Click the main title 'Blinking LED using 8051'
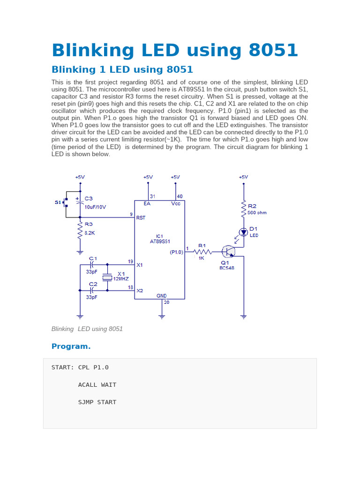click(x=174, y=50)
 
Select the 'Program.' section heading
click(x=71, y=346)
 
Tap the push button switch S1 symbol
click(x=66, y=202)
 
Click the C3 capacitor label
click(x=89, y=198)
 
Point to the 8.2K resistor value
click(x=90, y=232)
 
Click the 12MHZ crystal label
click(x=120, y=278)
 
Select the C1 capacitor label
click(x=93, y=258)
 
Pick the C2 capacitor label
click(x=93, y=284)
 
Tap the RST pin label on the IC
click(x=141, y=218)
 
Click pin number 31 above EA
click(x=152, y=196)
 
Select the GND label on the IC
click(x=162, y=296)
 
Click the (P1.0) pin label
click(x=177, y=252)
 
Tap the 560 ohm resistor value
click(x=257, y=212)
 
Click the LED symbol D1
click(x=243, y=232)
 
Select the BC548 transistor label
click(x=227, y=268)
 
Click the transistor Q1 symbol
click(x=229, y=252)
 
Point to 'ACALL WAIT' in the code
click(x=97, y=385)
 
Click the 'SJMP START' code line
click(x=97, y=402)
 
